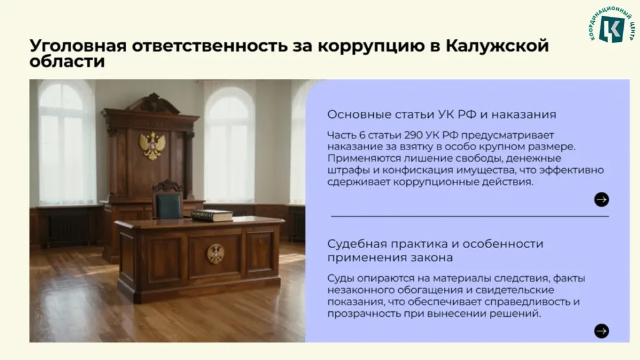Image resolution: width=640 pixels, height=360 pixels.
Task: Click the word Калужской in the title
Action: [497, 46]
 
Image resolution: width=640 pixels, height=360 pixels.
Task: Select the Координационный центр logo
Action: [611, 25]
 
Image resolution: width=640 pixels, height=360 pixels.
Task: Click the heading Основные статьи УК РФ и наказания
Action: [442, 114]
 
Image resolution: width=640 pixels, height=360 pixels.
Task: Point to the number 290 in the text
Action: [413, 135]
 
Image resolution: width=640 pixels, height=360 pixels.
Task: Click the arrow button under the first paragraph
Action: [601, 199]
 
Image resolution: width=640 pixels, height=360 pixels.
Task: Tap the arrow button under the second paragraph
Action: [601, 331]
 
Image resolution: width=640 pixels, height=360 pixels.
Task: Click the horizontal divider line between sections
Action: [470, 216]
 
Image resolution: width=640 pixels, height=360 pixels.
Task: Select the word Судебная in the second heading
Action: [356, 244]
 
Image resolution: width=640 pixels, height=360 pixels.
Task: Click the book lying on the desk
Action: [212, 215]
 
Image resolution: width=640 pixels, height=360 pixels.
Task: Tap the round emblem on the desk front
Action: [216, 254]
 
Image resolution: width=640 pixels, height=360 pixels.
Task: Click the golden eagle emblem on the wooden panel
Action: [152, 146]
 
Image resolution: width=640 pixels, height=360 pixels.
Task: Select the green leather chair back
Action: [169, 206]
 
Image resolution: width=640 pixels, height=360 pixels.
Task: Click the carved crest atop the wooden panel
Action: [153, 103]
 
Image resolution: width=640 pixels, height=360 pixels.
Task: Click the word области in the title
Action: [67, 62]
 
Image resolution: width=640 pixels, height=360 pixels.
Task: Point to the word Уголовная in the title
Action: [78, 46]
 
